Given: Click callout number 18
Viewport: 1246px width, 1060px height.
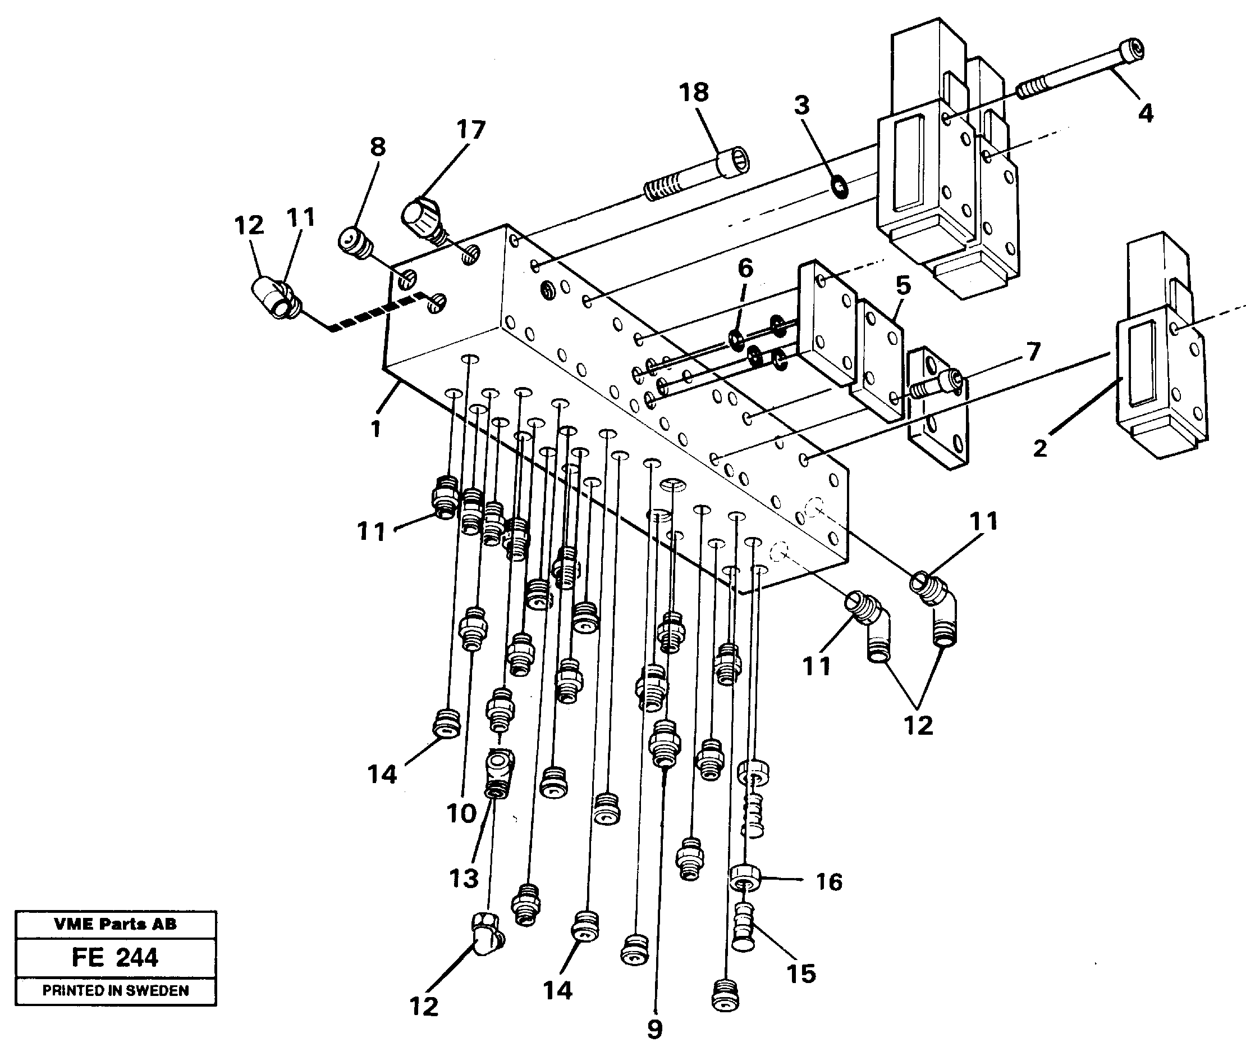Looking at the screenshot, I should click(694, 93).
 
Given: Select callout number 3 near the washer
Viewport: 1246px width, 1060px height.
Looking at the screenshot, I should click(801, 105).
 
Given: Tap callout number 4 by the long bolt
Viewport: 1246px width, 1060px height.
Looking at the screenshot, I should click(1145, 113).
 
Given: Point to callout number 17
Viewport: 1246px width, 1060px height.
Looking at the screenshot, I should click(470, 130).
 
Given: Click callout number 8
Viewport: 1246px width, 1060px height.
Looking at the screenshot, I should click(377, 147).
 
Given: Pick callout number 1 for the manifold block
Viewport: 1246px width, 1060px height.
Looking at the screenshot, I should click(375, 429).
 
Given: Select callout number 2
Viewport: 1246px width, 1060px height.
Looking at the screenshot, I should click(1040, 448).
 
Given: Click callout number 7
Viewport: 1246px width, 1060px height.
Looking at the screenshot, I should click(1032, 352).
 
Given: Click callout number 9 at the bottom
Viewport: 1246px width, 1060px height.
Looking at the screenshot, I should click(654, 1029).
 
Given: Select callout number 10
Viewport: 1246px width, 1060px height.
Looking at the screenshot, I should click(461, 814).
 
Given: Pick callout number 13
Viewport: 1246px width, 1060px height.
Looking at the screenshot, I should click(464, 879).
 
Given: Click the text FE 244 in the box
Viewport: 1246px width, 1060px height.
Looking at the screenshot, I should click(114, 957).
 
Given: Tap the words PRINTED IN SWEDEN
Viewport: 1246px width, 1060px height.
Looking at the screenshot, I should click(115, 990).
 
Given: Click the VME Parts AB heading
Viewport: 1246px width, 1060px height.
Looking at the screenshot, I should click(115, 924).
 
